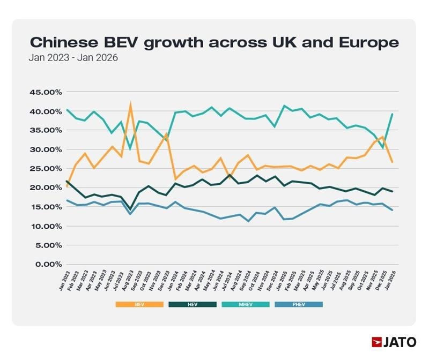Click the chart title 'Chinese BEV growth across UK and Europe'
(214, 42)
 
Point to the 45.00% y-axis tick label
(45, 92)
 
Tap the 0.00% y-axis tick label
(47, 265)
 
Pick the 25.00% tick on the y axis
(45, 169)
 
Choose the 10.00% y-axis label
(45, 226)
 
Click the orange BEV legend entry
(139, 304)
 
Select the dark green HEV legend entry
(193, 304)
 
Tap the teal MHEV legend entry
(246, 304)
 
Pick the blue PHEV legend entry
(299, 304)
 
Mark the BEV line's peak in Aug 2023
(130, 104)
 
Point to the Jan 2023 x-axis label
(63, 281)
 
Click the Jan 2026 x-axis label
(393, 281)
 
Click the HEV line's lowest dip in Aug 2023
(130, 209)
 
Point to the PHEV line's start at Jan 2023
(66, 200)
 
